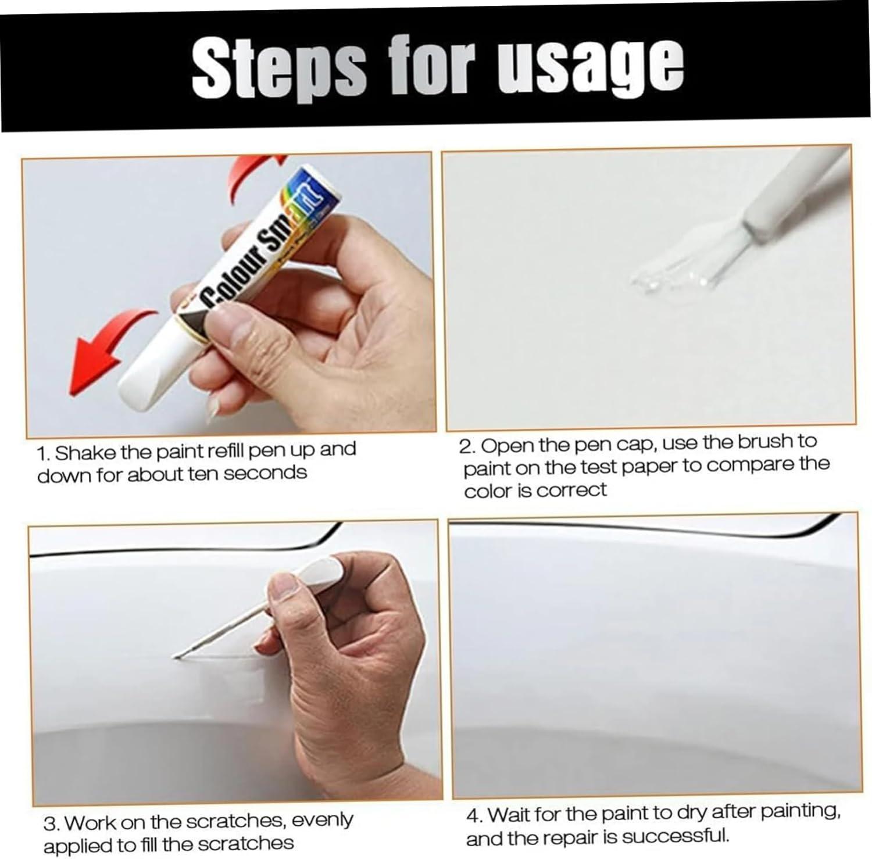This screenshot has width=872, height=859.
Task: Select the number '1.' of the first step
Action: pyautogui.click(x=44, y=453)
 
